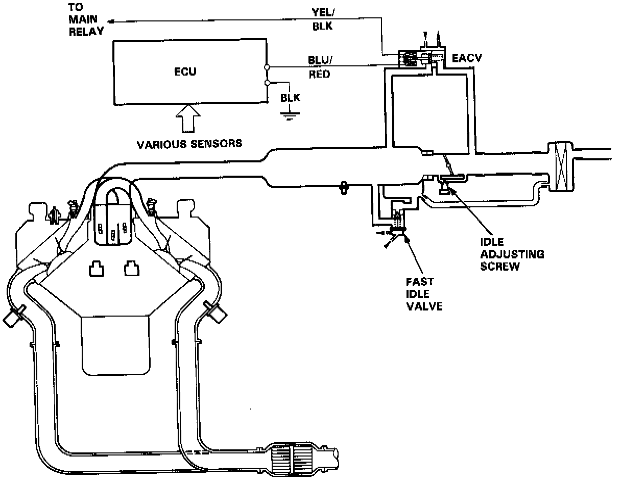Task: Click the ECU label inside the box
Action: point(184,72)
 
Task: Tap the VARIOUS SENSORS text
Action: point(189,144)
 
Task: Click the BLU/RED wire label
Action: point(320,67)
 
